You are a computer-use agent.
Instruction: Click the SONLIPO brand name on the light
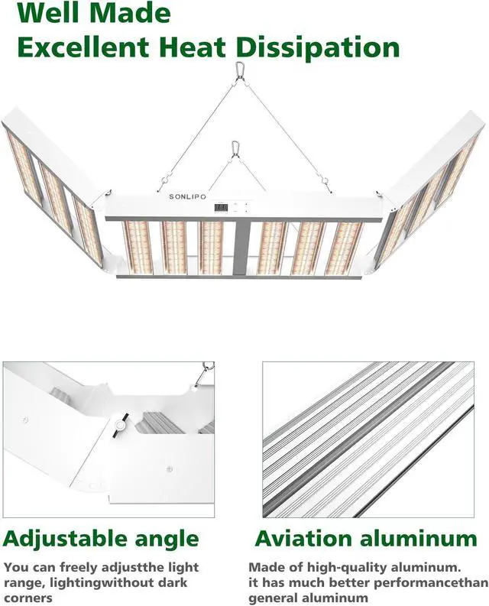[191, 196]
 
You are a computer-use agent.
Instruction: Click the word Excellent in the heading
[84, 47]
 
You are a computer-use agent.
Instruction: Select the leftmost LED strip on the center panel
[138, 248]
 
